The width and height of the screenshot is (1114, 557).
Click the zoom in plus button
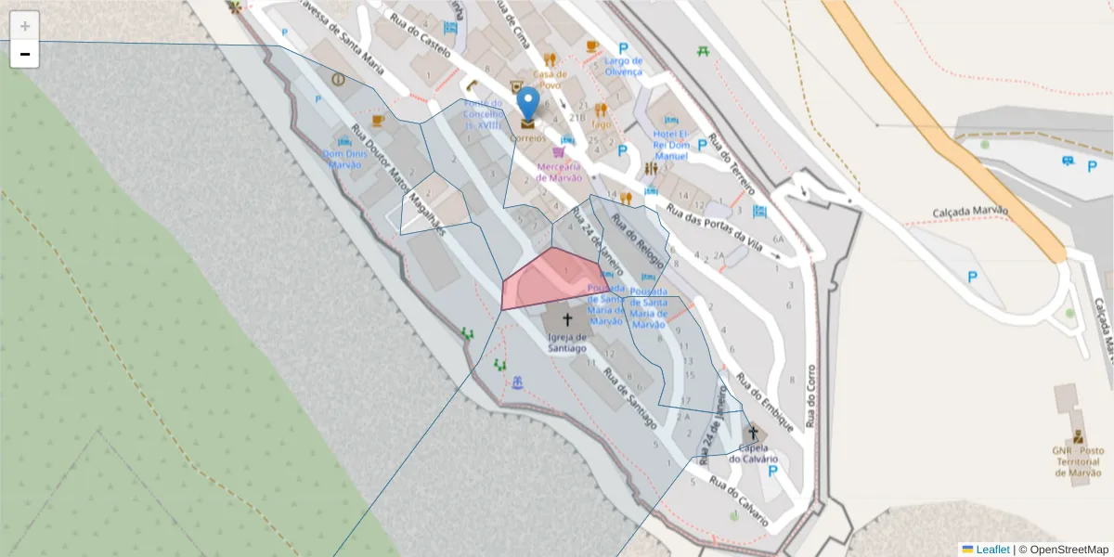point(25,26)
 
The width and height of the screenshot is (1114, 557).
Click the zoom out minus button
point(25,54)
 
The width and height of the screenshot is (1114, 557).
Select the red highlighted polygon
point(548,281)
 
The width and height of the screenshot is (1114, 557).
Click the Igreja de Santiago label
point(567,342)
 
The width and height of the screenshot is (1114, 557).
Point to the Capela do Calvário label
point(753,452)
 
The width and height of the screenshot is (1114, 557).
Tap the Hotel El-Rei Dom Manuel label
point(671,145)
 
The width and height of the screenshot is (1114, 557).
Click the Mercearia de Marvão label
point(559,172)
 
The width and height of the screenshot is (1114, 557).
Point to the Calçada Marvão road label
point(970,211)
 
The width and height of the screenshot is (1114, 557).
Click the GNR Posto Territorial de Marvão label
point(1077,461)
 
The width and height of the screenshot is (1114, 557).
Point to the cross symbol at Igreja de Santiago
point(567,319)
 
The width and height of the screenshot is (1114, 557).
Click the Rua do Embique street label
point(765,404)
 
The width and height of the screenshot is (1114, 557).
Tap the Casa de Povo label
point(549,80)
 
